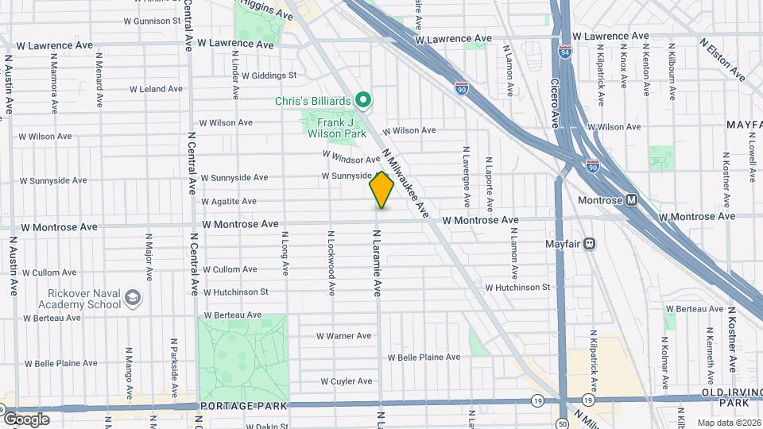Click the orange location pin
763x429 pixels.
382,189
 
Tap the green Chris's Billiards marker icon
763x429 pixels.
364,100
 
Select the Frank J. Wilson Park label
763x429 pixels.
335,129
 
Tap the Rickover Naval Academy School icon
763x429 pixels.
133,298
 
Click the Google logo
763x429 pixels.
26,419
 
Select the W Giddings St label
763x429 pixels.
269,75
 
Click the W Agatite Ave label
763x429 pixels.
229,202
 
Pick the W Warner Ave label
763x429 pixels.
344,336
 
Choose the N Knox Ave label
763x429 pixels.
624,70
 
